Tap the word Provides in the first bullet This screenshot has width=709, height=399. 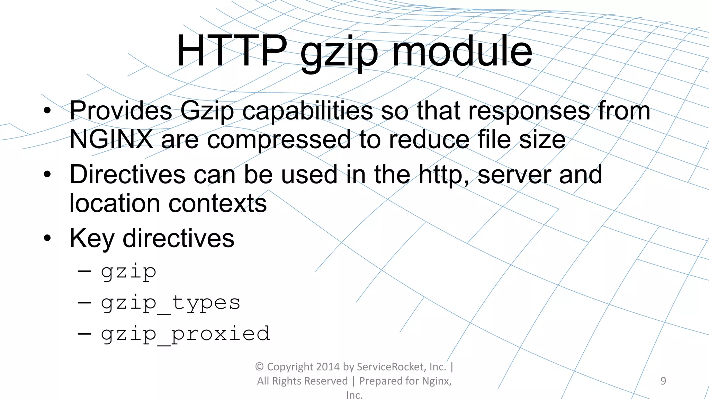[121, 111]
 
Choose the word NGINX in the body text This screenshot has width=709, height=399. [111, 139]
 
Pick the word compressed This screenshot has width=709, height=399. [279, 140]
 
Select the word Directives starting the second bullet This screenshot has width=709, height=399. [127, 174]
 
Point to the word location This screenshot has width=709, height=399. [115, 203]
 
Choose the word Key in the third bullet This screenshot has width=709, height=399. [92, 239]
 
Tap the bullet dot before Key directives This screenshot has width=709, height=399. [47, 238]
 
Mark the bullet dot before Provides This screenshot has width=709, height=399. [47, 111]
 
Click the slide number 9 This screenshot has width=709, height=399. [663, 381]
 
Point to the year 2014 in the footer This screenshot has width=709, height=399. [327, 367]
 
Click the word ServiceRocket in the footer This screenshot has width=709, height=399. [391, 367]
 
